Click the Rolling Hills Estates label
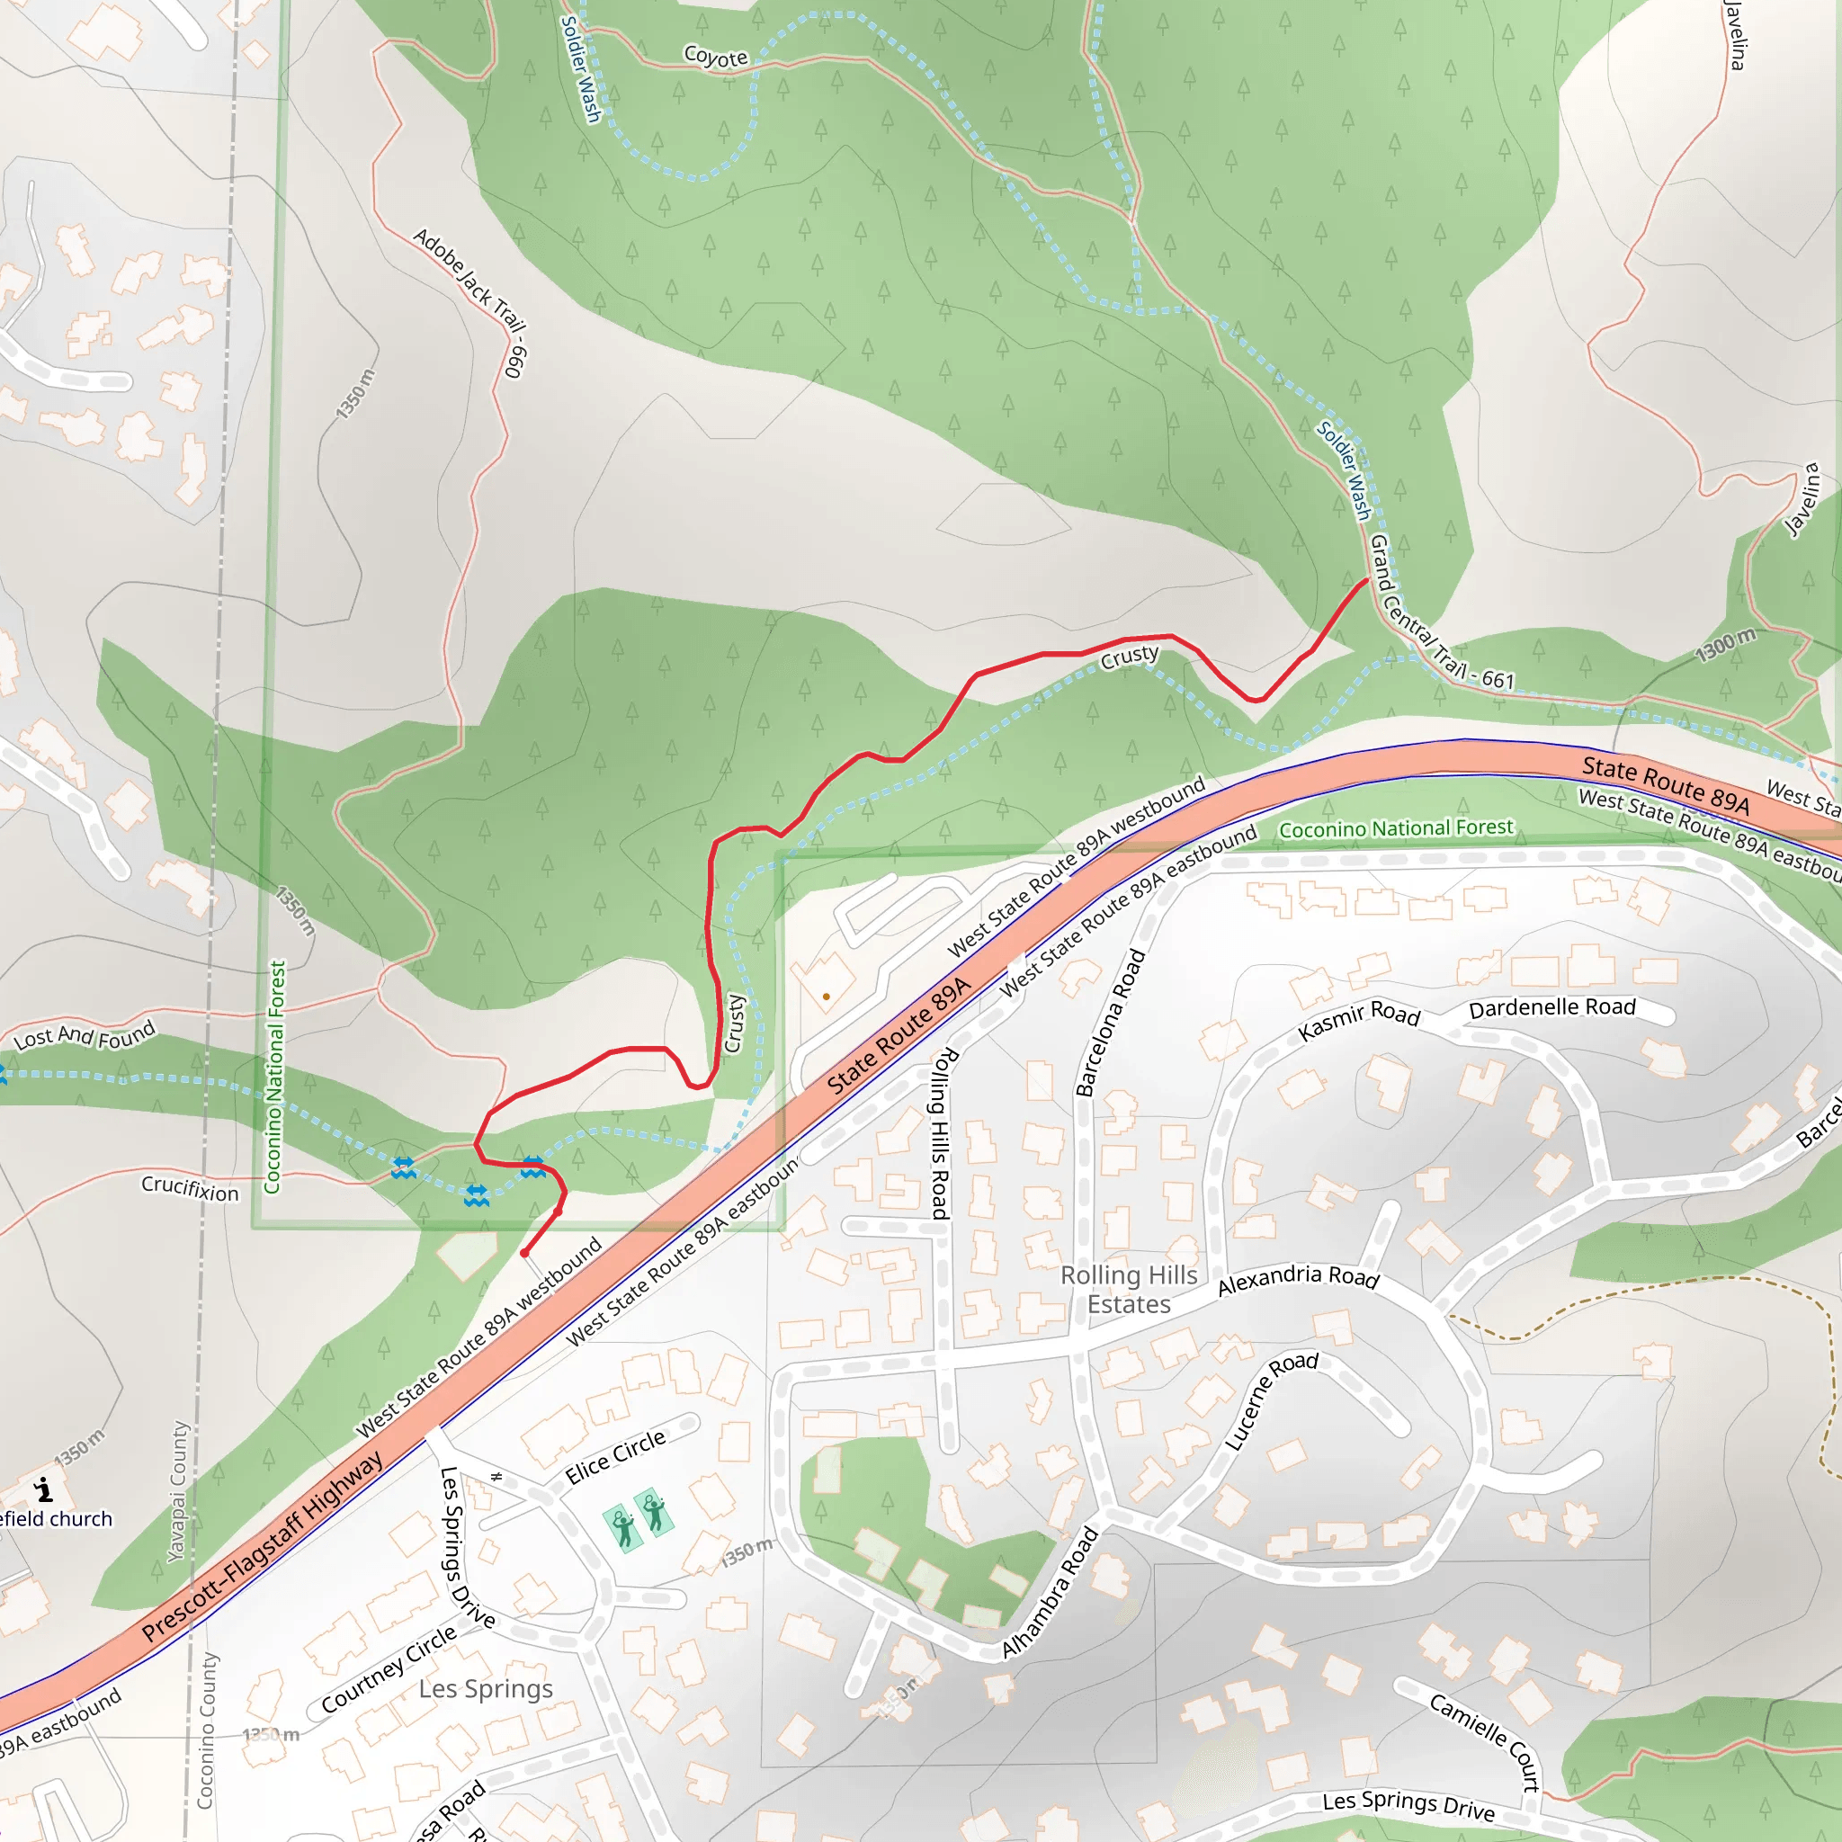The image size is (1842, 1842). point(1129,1289)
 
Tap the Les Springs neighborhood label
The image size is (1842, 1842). point(486,1688)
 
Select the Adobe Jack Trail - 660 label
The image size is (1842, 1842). point(471,300)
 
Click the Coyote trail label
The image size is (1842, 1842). point(715,57)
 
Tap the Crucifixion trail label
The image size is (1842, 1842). point(190,1188)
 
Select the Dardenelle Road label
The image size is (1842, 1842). point(1552,1007)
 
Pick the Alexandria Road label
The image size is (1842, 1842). point(1298,1281)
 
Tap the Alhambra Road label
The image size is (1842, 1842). point(1050,1593)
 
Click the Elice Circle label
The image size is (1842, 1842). point(615,1457)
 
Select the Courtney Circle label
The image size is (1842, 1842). point(389,1668)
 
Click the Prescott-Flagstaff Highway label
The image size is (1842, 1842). point(263,1545)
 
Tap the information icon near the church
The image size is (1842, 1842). point(43,1489)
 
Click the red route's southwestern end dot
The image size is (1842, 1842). point(524,1253)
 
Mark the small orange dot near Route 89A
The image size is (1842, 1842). point(826,997)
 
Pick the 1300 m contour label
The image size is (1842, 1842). point(1725,646)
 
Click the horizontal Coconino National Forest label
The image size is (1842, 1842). point(1396,828)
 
